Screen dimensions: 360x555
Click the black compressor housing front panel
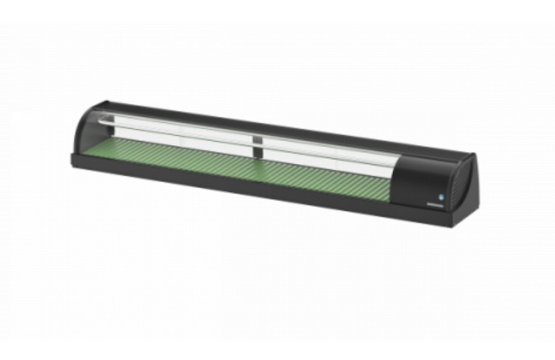[423, 179]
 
